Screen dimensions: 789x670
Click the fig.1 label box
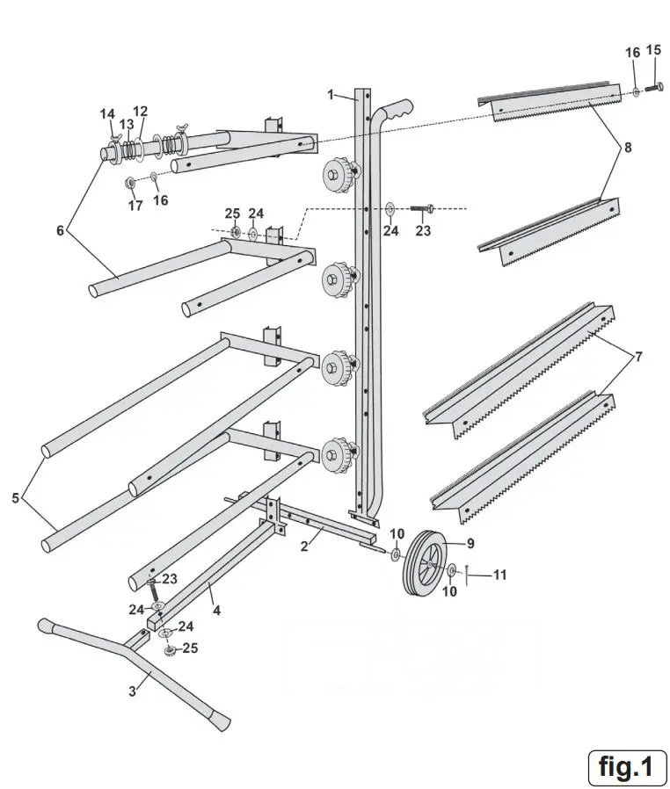(x=627, y=766)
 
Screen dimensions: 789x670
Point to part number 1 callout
(x=331, y=93)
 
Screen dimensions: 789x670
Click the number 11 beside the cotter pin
(x=499, y=575)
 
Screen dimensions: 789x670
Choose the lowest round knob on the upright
(x=337, y=454)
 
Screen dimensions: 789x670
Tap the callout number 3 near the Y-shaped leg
(x=133, y=691)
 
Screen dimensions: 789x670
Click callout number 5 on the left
(x=16, y=498)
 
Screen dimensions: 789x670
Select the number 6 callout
(x=60, y=231)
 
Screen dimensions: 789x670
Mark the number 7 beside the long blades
(x=639, y=358)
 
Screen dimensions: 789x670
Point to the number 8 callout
(x=627, y=148)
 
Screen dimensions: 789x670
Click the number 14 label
(x=107, y=114)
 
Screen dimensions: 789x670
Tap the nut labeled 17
(x=130, y=183)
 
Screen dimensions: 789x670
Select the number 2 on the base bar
(x=305, y=546)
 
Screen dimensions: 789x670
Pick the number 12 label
(x=141, y=112)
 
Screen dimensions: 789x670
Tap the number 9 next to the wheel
(x=470, y=543)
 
